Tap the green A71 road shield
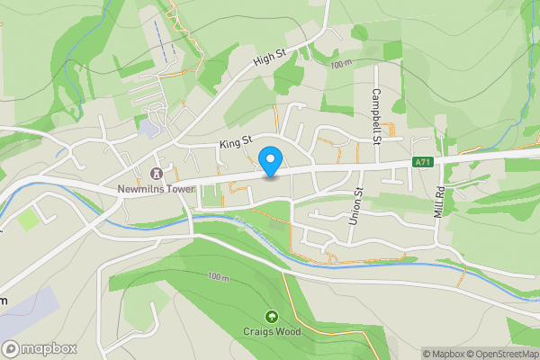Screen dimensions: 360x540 pos(422,161)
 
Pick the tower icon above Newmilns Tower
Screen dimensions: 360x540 pos(155,173)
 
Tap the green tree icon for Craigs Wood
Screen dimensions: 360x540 pos(272,316)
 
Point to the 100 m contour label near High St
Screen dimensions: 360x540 pos(341,65)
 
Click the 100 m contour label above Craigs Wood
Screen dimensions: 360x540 pos(218,276)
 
